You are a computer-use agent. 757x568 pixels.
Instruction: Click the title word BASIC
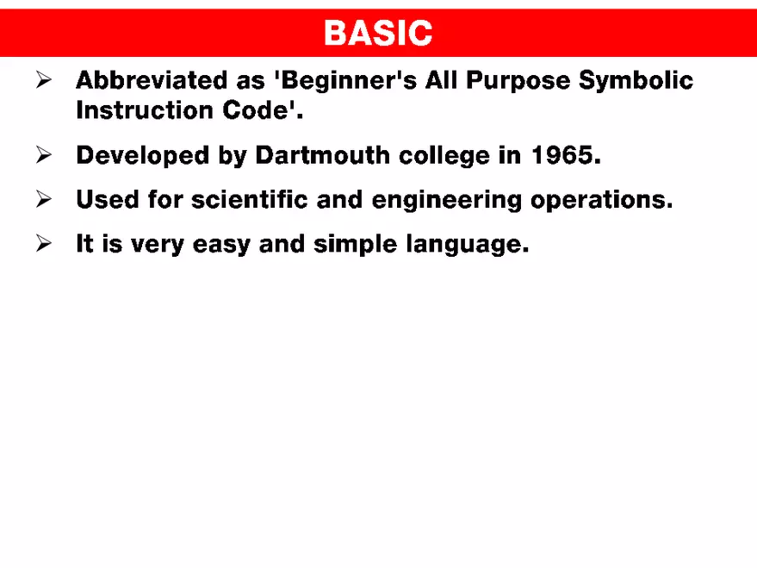tap(378, 34)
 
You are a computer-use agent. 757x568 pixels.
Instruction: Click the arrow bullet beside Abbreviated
tap(46, 81)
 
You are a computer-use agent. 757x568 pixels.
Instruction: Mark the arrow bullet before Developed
tap(46, 156)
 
